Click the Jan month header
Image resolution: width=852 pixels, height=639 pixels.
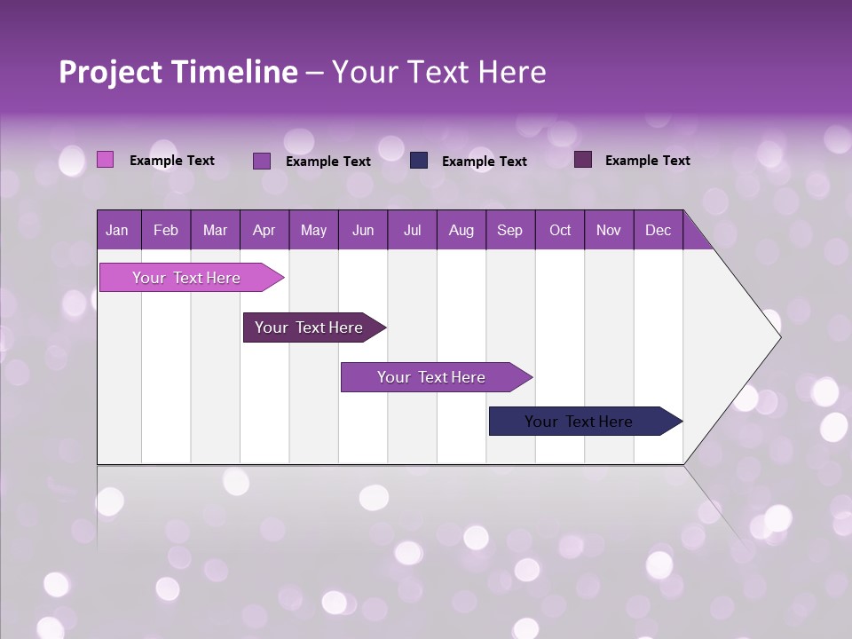pyautogui.click(x=118, y=230)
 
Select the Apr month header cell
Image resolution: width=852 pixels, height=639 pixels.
pyautogui.click(x=264, y=230)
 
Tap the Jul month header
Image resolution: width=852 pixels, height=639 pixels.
pyautogui.click(x=412, y=230)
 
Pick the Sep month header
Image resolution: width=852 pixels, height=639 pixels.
pyautogui.click(x=510, y=230)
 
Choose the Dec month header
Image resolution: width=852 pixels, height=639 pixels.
pyautogui.click(x=658, y=230)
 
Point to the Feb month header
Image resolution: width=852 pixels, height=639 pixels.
pyautogui.click(x=166, y=230)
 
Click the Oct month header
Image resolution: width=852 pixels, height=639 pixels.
pyautogui.click(x=560, y=230)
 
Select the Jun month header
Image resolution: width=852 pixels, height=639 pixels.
pyautogui.click(x=363, y=230)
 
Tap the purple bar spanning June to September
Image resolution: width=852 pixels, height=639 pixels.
pyautogui.click(x=432, y=377)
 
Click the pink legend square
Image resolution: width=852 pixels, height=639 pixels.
pyautogui.click(x=105, y=160)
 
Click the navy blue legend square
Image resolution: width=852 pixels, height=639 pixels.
pyautogui.click(x=419, y=161)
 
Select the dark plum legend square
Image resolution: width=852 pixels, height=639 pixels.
pyautogui.click(x=583, y=160)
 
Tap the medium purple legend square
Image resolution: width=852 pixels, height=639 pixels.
pyautogui.click(x=262, y=161)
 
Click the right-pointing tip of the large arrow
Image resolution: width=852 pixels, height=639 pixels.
pyautogui.click(x=777, y=336)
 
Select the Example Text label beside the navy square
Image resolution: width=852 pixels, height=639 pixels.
pyautogui.click(x=484, y=162)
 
